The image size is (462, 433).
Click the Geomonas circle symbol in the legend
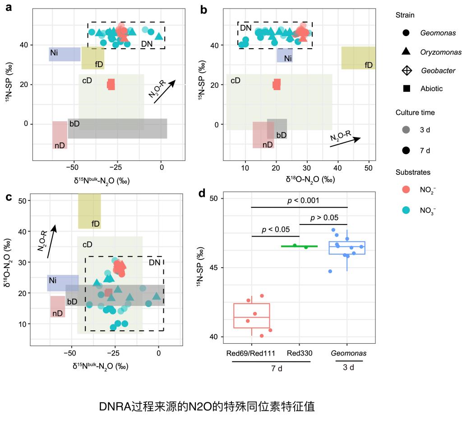pos(406,33)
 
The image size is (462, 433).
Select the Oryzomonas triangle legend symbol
pos(406,51)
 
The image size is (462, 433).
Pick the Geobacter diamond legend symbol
pos(406,70)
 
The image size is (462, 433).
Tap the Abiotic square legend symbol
pos(406,89)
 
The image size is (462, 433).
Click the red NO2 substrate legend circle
pos(406,191)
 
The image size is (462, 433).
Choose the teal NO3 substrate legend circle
pos(406,210)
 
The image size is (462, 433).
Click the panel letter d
pos(202,193)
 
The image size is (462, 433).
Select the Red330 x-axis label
pos(299,353)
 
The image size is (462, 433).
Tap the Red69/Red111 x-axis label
pos(251,353)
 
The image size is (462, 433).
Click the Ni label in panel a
pos(54,53)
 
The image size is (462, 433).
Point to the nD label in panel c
pos(57,313)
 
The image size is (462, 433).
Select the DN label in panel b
pos(245,28)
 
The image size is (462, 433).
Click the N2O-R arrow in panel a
pos(164,92)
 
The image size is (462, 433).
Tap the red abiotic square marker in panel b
pos(277,84)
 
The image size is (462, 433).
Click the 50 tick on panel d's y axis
pos(213,199)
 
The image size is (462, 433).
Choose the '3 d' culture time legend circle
pos(406,130)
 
